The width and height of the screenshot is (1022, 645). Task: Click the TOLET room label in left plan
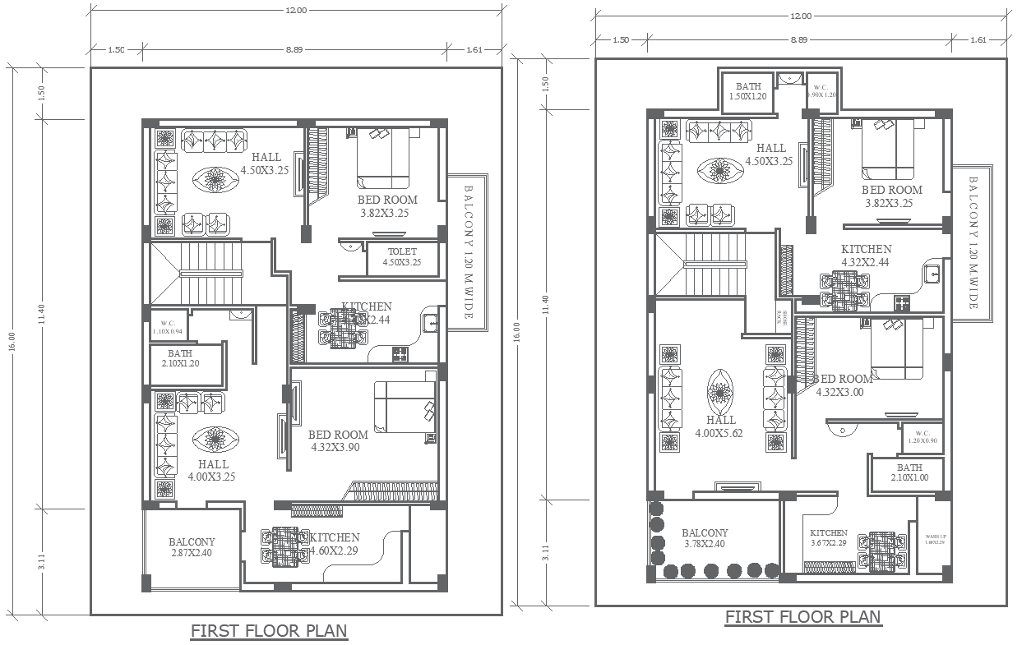pyautogui.click(x=401, y=257)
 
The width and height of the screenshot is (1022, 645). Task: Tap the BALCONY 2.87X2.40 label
pyautogui.click(x=192, y=548)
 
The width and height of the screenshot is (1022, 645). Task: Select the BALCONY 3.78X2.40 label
pyautogui.click(x=705, y=538)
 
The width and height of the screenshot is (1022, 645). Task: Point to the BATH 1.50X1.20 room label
pyautogui.click(x=748, y=91)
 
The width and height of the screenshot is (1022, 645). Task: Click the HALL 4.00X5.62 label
pyautogui.click(x=719, y=426)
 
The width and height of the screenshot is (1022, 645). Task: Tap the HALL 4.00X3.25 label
pyautogui.click(x=212, y=470)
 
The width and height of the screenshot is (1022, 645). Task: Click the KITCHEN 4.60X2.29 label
pyautogui.click(x=335, y=543)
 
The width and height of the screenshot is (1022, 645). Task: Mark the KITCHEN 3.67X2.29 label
pyautogui.click(x=828, y=537)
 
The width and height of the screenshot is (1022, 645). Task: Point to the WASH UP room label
pyautogui.click(x=936, y=538)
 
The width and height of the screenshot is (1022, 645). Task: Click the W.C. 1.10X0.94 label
pyautogui.click(x=169, y=327)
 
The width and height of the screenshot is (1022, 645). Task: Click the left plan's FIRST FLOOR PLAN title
pyautogui.click(x=269, y=631)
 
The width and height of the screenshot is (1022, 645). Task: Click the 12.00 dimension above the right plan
pyautogui.click(x=800, y=16)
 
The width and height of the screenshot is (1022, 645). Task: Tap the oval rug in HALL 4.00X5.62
pyautogui.click(x=720, y=392)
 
